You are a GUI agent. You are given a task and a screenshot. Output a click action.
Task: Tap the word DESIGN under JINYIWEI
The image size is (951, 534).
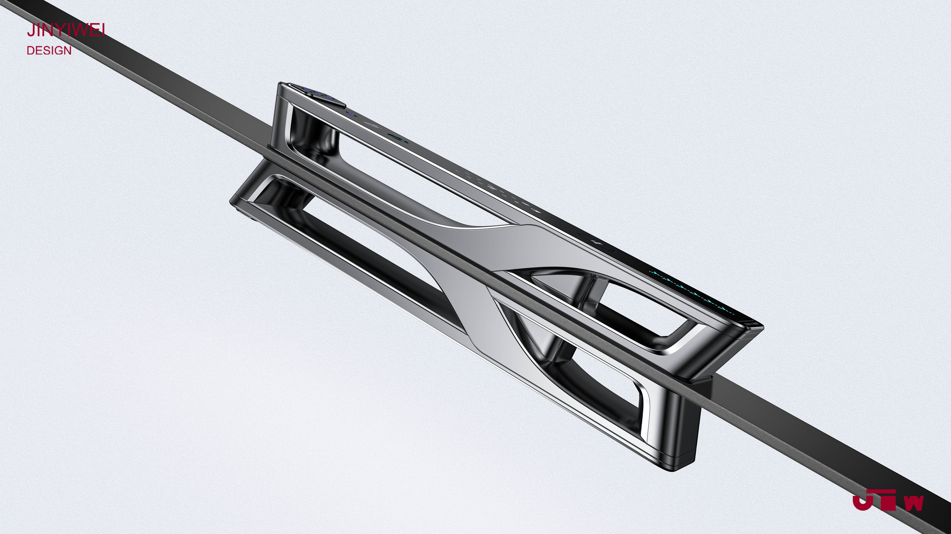(49, 51)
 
